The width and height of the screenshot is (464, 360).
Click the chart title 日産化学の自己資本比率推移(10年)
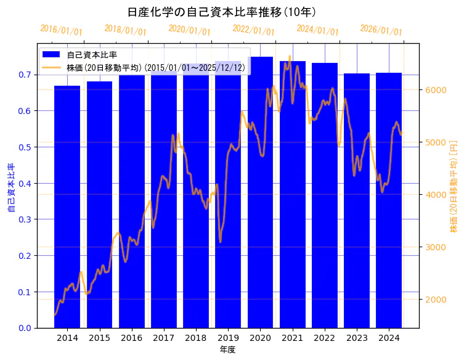pos(222,12)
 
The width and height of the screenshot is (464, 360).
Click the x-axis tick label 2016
pos(131,338)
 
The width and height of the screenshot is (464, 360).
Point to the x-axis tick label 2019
pos(227,338)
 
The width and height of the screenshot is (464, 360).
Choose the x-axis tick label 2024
pos(388,338)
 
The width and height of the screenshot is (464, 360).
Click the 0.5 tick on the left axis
pos(25,147)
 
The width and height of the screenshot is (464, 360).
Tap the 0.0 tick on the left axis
pos(25,328)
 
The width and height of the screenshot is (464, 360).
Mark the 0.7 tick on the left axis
pos(25,75)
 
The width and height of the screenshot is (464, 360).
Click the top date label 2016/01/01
pos(61,30)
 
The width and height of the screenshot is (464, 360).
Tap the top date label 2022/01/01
pos(253,30)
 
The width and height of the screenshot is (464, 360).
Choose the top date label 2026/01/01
pos(381,30)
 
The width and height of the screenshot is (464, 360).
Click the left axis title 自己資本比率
pos(10,188)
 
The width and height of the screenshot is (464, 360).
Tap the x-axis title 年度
pos(227,350)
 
